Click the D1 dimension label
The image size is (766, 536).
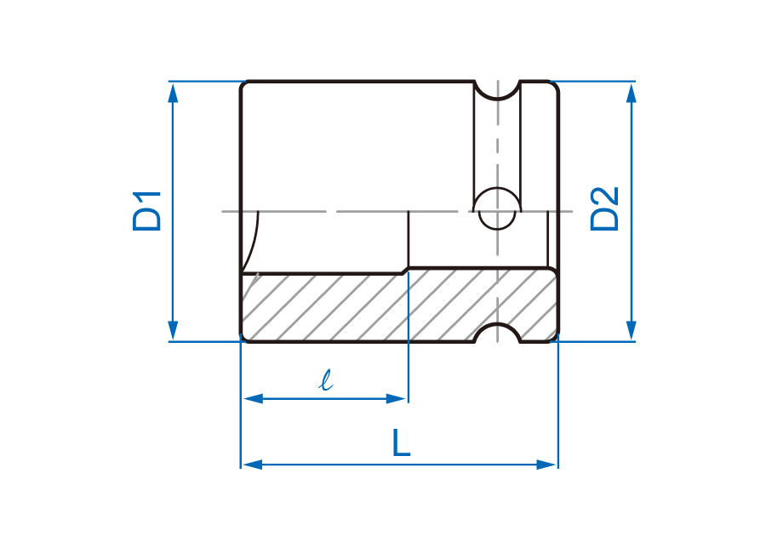click(x=146, y=211)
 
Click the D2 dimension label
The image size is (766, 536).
click(x=604, y=209)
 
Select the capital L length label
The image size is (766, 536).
click(x=402, y=442)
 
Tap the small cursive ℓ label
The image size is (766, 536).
click(x=326, y=380)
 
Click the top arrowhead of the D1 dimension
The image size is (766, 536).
click(x=173, y=93)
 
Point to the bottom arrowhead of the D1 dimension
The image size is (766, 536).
click(x=173, y=330)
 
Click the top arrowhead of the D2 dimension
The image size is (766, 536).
click(x=632, y=93)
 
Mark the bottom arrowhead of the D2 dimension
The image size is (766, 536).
click(x=632, y=330)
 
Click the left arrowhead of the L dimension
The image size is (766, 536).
click(x=253, y=465)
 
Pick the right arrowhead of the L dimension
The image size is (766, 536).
click(x=546, y=465)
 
